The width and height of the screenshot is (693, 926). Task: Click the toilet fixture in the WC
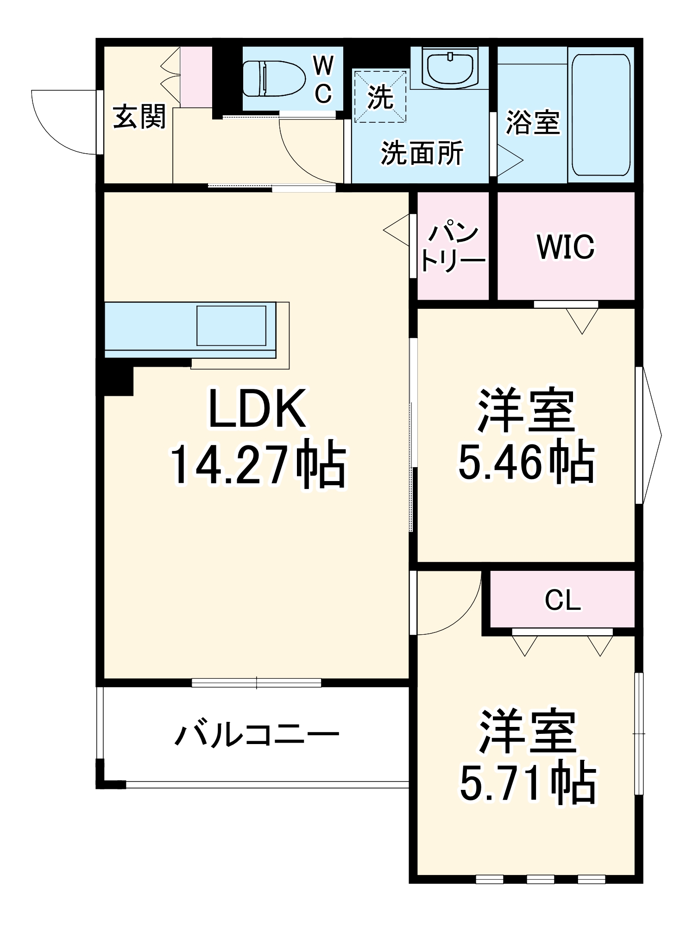point(273,78)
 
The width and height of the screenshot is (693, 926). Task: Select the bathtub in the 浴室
point(600,115)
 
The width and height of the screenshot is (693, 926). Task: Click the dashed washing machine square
point(380,96)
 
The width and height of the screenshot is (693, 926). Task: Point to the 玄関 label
point(139,116)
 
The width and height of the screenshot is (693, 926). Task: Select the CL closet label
point(562,601)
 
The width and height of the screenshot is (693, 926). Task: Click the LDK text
point(258,409)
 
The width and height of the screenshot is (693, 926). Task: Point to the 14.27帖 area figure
point(258,464)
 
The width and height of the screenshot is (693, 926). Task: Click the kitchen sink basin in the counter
point(231,325)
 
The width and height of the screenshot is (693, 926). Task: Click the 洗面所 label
point(422,153)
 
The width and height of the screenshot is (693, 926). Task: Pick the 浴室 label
point(533,123)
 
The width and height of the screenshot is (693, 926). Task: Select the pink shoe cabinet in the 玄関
point(196,77)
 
